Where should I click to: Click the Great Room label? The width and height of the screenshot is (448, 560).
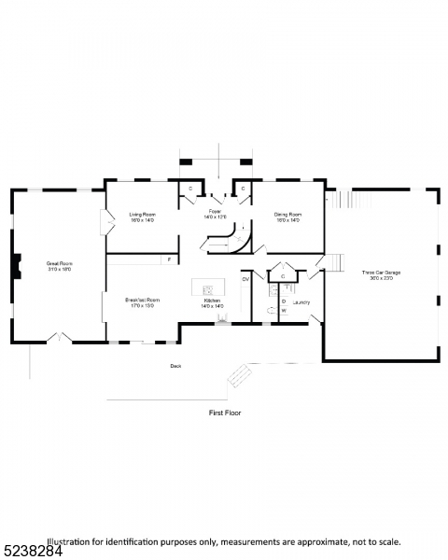pyautogui.click(x=60, y=266)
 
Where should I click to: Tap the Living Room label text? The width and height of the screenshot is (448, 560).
pyautogui.click(x=143, y=217)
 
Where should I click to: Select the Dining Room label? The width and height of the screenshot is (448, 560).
pyautogui.click(x=287, y=217)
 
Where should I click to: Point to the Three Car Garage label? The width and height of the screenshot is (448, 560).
pyautogui.click(x=381, y=274)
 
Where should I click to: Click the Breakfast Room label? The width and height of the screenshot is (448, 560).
pyautogui.click(x=143, y=301)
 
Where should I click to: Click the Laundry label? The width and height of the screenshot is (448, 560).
pyautogui.click(x=301, y=301)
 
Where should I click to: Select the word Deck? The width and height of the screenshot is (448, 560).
pyautogui.click(x=175, y=366)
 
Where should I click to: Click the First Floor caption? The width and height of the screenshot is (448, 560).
pyautogui.click(x=224, y=411)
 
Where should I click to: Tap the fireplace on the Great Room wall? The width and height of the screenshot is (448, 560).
pyautogui.click(x=15, y=267)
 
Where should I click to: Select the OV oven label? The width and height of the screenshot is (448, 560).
pyautogui.click(x=245, y=278)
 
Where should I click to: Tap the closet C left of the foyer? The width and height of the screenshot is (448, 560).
pyautogui.click(x=190, y=189)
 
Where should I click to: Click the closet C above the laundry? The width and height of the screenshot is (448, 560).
pyautogui.click(x=283, y=275)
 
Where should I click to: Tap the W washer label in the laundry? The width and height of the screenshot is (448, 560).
pyautogui.click(x=284, y=310)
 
